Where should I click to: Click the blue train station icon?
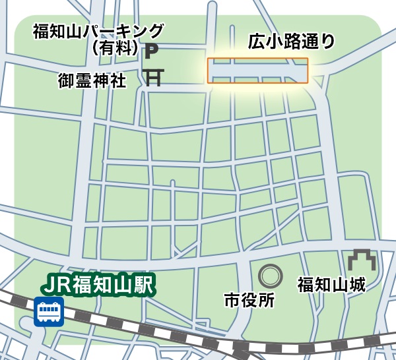48,311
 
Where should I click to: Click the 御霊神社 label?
92,80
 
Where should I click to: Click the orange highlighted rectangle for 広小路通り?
257,71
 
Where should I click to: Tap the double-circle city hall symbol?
269,275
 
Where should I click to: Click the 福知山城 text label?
331,285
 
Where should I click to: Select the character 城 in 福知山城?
357,285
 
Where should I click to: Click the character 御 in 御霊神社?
67,80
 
